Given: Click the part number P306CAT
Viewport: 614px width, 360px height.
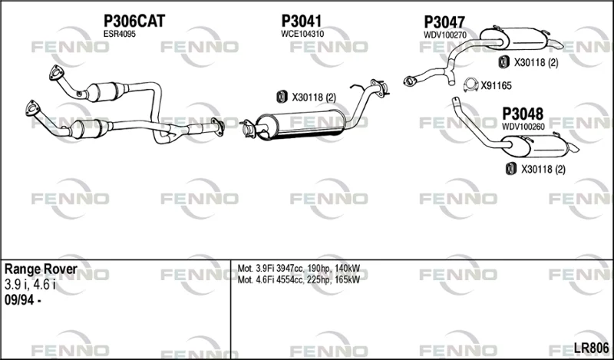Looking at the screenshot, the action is tap(134, 21).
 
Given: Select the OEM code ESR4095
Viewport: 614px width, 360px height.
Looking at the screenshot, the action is tap(120, 34).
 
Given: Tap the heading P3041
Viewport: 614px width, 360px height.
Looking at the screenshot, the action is tap(302, 21).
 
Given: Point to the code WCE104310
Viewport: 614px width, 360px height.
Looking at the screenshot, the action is tap(302, 34).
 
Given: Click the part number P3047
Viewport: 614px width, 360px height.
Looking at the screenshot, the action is tap(444, 22).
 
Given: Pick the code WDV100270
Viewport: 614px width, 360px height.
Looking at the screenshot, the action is tap(445, 35).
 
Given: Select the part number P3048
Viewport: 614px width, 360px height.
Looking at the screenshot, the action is tap(523, 114).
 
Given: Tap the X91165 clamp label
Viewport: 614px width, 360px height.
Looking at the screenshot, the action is tap(496, 86).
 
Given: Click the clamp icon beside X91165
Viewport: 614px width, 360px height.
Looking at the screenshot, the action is tap(470, 85).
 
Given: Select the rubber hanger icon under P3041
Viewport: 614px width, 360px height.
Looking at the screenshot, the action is tap(282, 97).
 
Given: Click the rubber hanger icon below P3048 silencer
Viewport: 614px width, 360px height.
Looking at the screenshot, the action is tap(510, 168).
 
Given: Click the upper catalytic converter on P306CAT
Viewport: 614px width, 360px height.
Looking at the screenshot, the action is tap(107, 92).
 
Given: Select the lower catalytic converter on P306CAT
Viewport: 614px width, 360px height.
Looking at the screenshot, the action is tap(90, 129).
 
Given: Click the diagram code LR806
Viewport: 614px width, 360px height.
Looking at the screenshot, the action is tap(591, 348).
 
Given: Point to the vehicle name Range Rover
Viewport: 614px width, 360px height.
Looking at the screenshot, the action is tap(41, 269).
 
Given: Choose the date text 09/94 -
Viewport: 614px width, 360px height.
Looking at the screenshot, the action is tap(23, 301).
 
